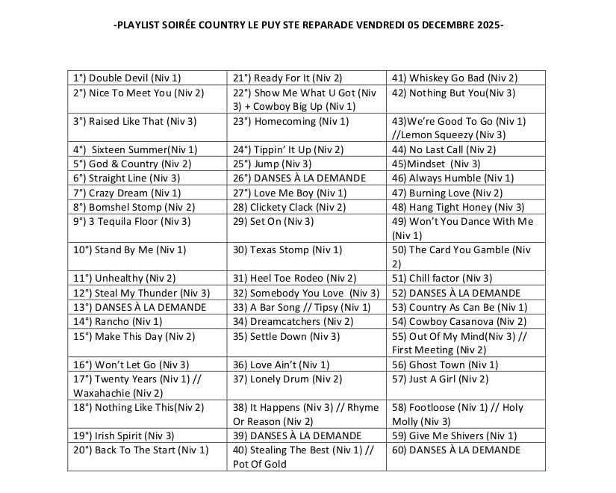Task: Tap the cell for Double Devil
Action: [x=127, y=78]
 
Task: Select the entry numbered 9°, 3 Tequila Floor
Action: [x=132, y=221]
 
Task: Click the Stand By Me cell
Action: [x=130, y=249]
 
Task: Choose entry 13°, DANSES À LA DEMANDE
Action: [x=140, y=307]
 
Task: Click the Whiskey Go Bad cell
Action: [x=454, y=78]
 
